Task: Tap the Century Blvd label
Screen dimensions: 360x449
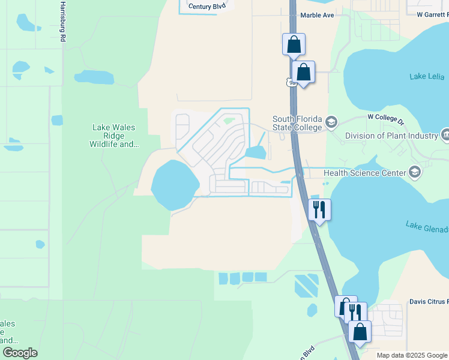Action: click(207, 7)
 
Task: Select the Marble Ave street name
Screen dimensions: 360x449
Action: click(317, 15)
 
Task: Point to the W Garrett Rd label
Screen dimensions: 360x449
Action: click(429, 13)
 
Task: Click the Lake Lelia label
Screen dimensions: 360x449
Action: click(427, 76)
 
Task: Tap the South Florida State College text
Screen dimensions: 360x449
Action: click(298, 123)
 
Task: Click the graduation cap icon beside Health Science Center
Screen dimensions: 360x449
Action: click(414, 173)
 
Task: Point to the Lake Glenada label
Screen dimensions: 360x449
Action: click(427, 227)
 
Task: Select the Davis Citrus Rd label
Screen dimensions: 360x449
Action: click(429, 302)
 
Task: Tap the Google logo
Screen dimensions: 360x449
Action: click(20, 353)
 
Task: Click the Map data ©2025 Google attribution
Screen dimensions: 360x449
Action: click(411, 355)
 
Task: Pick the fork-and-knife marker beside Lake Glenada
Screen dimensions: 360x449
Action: click(319, 210)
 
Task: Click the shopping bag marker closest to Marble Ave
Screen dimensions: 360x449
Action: click(294, 44)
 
